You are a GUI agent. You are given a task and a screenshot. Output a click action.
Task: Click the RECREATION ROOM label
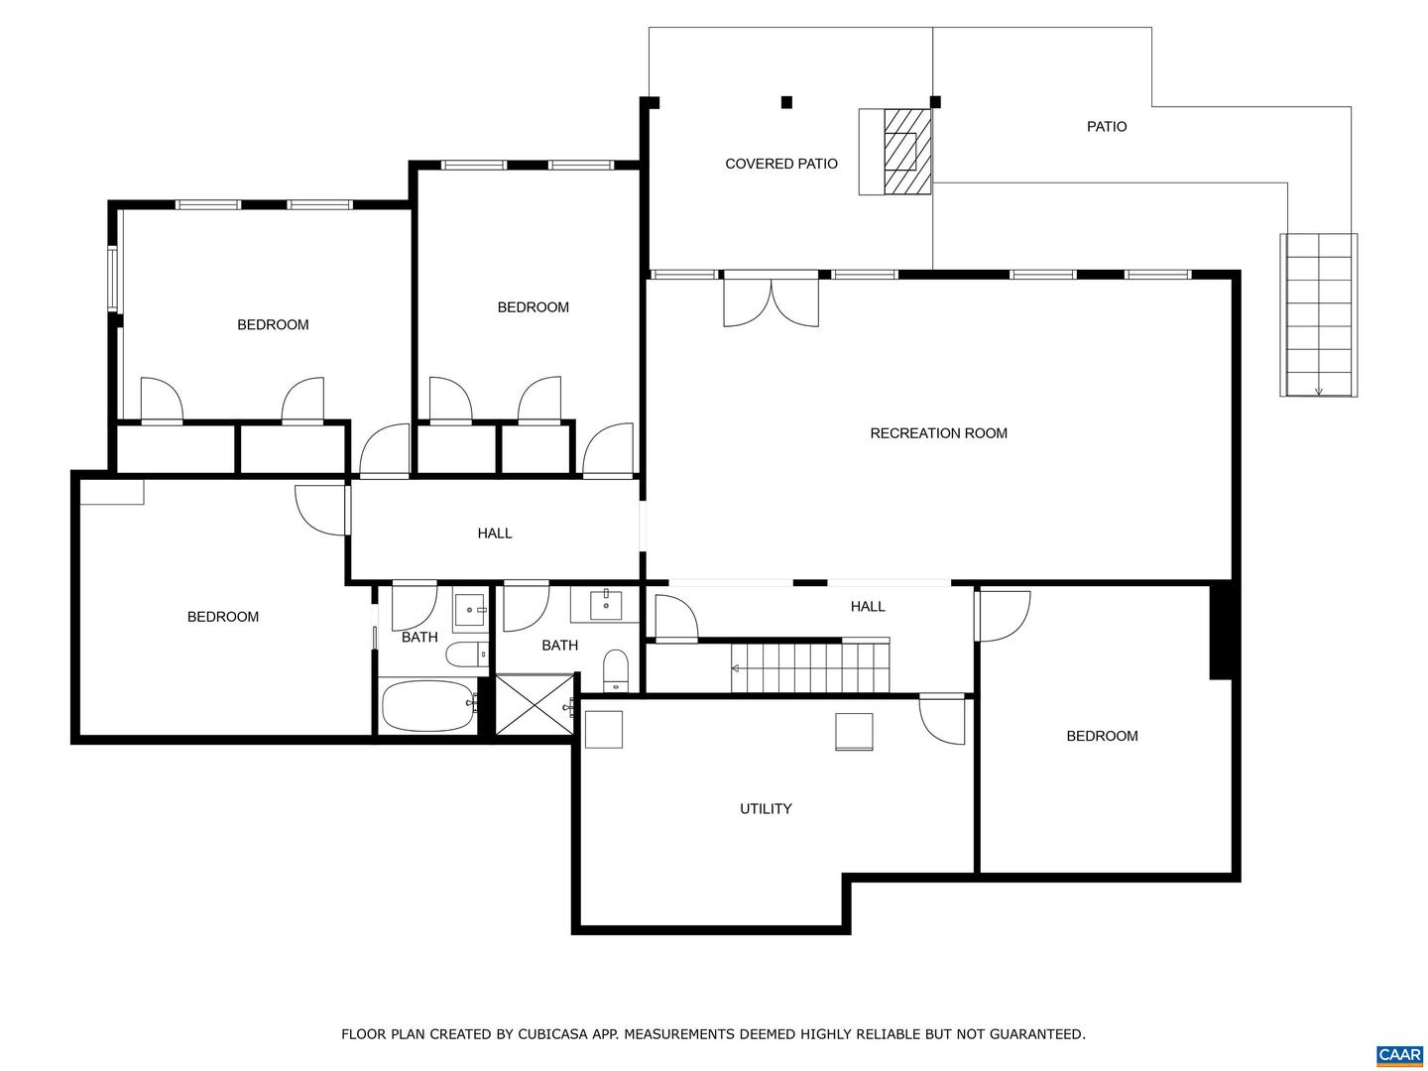point(938,433)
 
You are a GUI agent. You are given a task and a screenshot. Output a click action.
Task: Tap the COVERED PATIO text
point(780,164)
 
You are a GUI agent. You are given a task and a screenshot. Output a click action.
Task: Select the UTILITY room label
point(766,809)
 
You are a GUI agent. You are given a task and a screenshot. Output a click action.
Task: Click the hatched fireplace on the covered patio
point(906,151)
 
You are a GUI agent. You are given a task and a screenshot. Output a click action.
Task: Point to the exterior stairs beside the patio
point(1318,315)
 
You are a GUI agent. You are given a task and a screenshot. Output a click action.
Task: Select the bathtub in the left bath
point(428,706)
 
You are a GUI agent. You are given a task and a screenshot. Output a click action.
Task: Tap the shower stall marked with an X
point(535,705)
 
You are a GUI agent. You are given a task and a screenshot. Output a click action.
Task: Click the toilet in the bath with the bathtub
point(465,654)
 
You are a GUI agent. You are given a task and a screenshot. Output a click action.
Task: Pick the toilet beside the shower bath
point(616,670)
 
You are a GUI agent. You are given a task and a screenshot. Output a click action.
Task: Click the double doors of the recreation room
point(772,301)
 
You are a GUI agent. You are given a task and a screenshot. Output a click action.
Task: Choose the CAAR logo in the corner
point(1399,1054)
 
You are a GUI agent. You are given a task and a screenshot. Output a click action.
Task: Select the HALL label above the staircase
point(867,607)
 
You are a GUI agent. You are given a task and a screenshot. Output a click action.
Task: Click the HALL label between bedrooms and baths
point(494,534)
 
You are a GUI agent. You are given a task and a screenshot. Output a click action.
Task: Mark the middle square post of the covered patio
point(786,101)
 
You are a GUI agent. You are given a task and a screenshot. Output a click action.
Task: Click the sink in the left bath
point(469,610)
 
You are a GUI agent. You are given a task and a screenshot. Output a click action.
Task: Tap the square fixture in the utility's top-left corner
point(603,729)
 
